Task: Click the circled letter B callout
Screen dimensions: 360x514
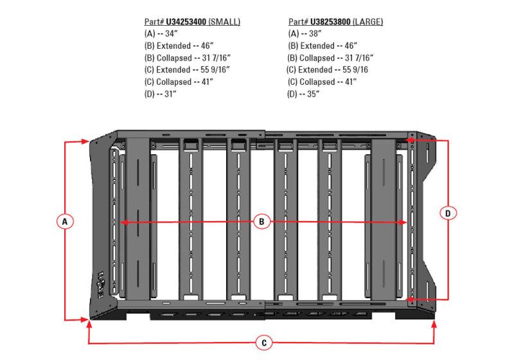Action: pyautogui.click(x=261, y=222)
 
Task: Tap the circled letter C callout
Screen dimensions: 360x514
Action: pyautogui.click(x=263, y=343)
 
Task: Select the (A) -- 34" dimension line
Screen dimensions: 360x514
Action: pyautogui.click(x=161, y=33)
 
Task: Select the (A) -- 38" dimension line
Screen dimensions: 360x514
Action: pyautogui.click(x=305, y=33)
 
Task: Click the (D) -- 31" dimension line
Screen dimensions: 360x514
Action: pyautogui.click(x=161, y=94)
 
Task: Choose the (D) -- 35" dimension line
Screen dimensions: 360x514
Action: pyautogui.click(x=305, y=94)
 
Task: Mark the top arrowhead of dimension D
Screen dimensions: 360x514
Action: pyautogui.click(x=411, y=138)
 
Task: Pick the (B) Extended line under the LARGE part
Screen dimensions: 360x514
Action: pyautogui.click(x=321, y=46)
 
